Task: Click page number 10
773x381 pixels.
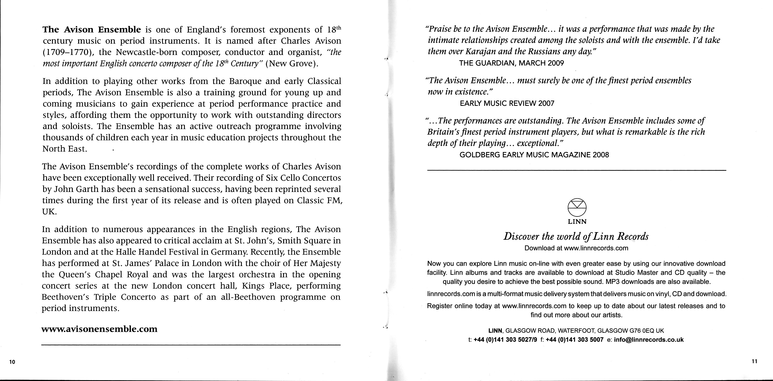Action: tap(12, 362)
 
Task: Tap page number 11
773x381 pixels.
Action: tap(754, 361)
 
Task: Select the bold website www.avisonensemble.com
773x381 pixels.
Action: tap(99, 329)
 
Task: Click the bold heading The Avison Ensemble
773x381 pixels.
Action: tap(92, 30)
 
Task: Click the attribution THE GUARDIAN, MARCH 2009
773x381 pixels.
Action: tap(512, 63)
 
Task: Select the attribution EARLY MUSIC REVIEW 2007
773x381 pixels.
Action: tap(507, 104)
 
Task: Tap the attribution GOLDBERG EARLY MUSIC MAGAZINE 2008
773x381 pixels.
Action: tap(534, 155)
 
